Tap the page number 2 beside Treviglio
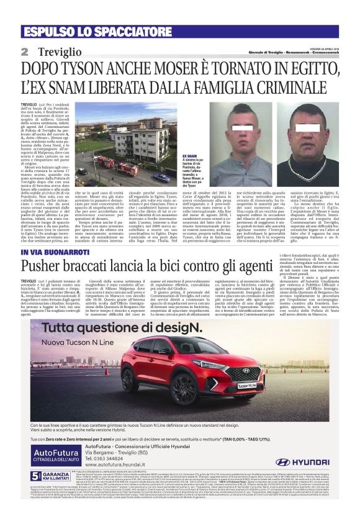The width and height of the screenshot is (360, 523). [24, 52]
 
